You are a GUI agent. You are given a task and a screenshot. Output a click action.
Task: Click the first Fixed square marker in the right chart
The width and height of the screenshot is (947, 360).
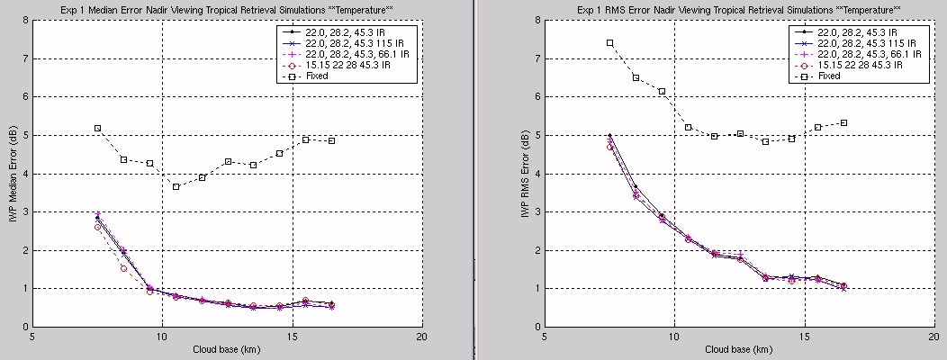(609, 42)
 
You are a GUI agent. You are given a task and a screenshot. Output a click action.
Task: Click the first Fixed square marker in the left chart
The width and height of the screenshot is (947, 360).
(97, 128)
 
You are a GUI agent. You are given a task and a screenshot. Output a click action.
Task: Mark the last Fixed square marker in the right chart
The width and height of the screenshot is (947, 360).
(843, 122)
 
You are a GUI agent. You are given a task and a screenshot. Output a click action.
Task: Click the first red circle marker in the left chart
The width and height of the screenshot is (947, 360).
(97, 227)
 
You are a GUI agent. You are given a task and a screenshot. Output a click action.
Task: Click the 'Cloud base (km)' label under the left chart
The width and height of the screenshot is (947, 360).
(228, 349)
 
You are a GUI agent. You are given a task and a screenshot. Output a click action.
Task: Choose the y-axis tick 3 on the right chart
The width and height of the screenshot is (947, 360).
(537, 211)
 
